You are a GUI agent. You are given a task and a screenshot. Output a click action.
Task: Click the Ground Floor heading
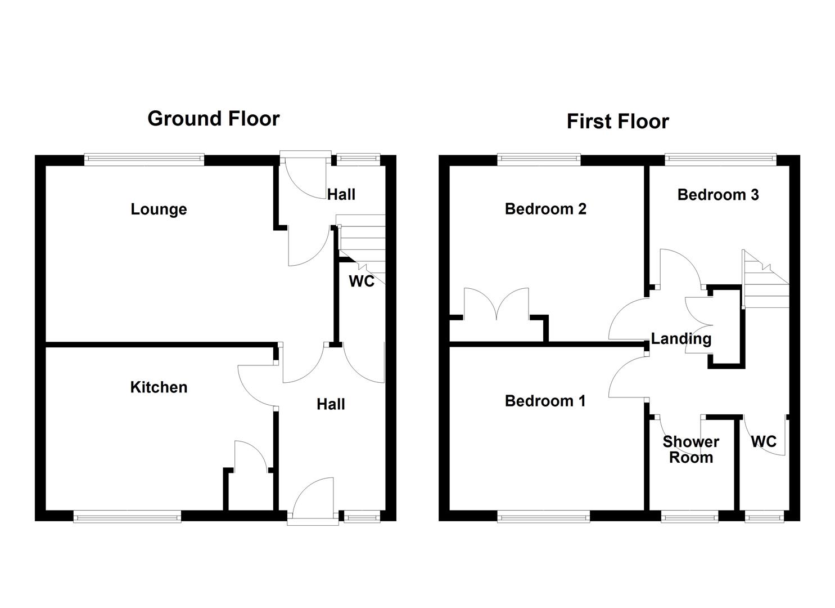coord(213,119)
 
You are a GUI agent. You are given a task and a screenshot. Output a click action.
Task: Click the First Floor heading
coord(617,122)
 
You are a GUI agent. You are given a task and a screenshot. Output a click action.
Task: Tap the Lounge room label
coord(159,209)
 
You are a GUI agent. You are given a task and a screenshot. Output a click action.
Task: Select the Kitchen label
coord(159,387)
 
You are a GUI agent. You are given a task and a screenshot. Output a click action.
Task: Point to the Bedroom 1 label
coord(545,401)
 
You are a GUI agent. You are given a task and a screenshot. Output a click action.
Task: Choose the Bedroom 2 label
coord(545,209)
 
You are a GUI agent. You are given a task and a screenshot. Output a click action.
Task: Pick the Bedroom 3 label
coord(717,195)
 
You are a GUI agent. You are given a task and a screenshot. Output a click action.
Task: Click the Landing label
coord(681,339)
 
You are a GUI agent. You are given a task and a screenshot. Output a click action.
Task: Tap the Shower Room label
coord(690,449)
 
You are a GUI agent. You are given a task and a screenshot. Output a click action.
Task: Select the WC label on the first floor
coord(764,441)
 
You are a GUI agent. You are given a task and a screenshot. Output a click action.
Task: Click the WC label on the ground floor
coord(362,281)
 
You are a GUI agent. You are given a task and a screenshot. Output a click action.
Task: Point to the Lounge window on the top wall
coord(145,160)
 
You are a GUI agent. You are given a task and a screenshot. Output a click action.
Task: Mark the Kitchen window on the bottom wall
coord(127,516)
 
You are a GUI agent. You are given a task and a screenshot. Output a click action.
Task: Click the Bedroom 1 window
coord(543,516)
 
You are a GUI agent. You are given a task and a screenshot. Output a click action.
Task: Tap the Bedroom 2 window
coord(539,160)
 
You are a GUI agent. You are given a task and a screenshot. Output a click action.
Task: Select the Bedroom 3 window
coord(720,160)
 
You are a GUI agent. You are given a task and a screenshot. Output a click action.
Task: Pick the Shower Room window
coord(689,516)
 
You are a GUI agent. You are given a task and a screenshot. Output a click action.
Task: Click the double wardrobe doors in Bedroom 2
coord(497,305)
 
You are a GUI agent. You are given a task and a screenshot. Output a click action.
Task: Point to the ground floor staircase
coord(362,242)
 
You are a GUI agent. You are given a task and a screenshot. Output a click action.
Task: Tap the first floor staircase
coord(765,281)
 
